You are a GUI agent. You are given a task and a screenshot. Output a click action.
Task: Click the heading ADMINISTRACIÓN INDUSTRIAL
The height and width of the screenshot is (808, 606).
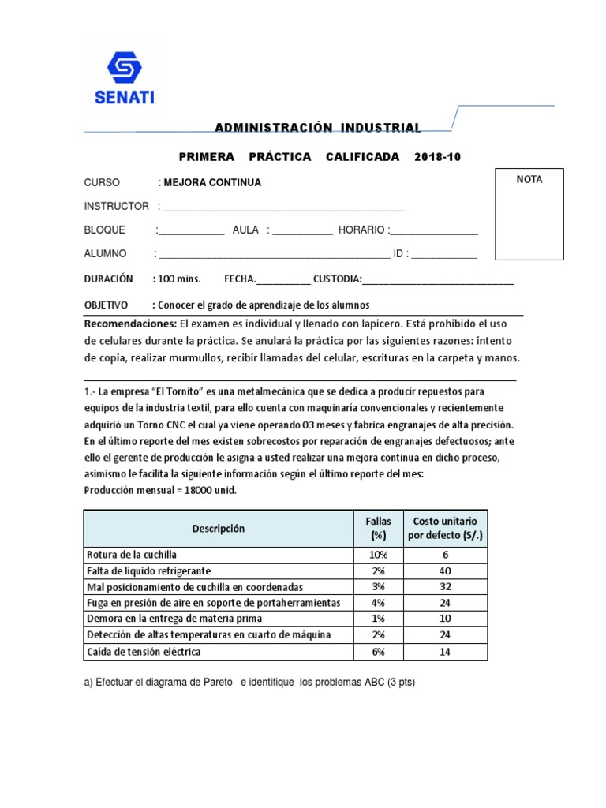tap(318, 128)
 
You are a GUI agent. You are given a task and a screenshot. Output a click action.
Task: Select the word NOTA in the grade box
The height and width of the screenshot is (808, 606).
tap(529, 180)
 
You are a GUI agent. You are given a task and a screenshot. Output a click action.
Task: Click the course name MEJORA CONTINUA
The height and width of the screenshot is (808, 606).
tap(212, 182)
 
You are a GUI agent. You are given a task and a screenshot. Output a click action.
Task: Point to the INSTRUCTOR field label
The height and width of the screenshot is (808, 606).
tap(117, 206)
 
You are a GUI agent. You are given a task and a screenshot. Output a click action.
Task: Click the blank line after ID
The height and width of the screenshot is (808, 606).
tap(444, 254)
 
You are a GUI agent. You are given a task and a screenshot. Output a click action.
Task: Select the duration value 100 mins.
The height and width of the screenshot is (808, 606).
tap(180, 279)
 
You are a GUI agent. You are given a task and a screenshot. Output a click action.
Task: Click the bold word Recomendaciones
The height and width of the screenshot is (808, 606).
tap(130, 324)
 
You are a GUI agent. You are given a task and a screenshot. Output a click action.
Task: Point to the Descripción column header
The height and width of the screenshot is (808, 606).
tap(218, 529)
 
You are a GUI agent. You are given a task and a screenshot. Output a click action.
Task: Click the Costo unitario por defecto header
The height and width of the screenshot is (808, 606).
tap(442, 529)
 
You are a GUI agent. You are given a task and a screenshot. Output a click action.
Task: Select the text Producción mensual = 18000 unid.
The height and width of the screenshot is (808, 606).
tap(160, 490)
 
